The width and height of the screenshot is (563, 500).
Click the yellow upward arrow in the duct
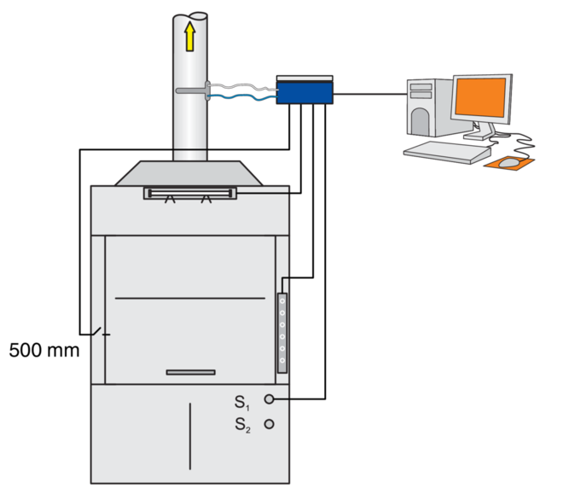pos(189,37)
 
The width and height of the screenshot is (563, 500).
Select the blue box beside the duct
pos(305,90)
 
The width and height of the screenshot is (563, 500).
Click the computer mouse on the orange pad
pos(509,161)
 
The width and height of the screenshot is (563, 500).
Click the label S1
pos(241,400)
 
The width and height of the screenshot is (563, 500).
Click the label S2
pos(242,424)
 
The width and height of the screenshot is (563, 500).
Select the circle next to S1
pos(270,398)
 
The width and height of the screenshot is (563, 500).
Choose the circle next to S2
pos(270,423)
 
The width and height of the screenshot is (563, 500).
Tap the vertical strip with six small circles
pos(282,334)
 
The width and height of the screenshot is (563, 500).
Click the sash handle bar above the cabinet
pos(190,372)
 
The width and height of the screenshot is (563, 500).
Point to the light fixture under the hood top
pos(189,194)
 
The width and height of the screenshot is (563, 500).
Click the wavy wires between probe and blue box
pos(242,92)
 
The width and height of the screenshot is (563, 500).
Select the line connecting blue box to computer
pos(367,91)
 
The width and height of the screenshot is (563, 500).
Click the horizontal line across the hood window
pos(190,298)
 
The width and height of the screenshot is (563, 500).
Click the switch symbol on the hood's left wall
pos(100,332)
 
